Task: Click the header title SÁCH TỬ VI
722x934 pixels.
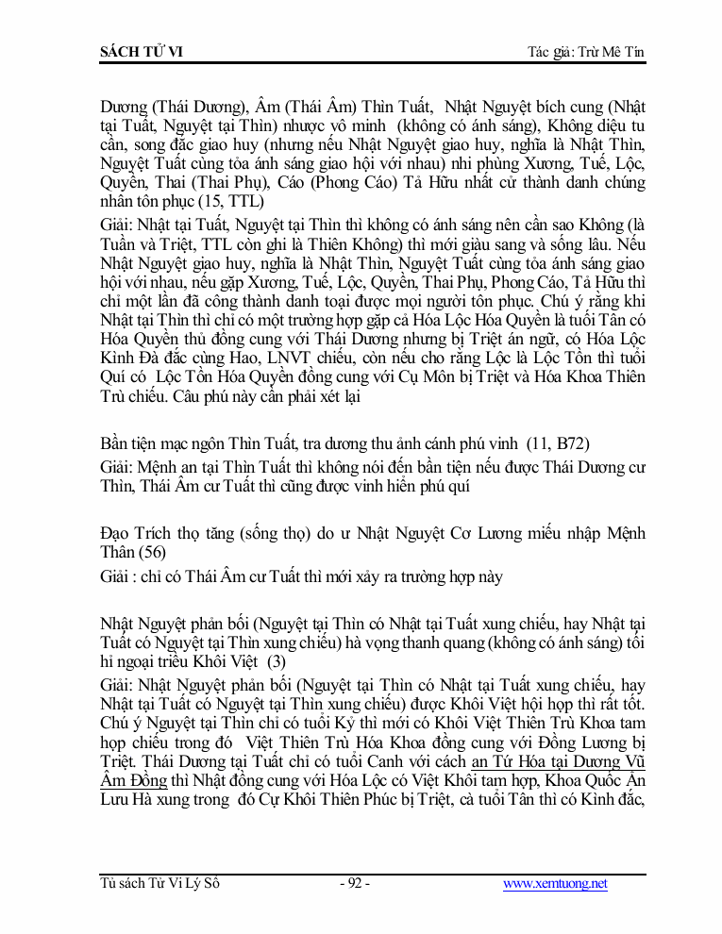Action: pos(141,51)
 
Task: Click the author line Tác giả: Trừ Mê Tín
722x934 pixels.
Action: pos(585,51)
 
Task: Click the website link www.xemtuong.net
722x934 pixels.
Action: pos(555,883)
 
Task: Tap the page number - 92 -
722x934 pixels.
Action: pos(354,883)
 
